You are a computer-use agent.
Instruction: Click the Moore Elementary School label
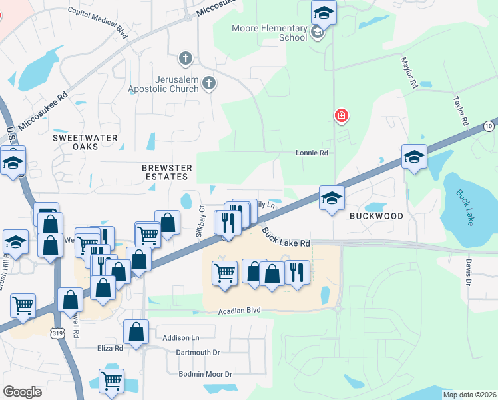270,33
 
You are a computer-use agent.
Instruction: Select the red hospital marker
341,117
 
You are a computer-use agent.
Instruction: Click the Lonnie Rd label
312,153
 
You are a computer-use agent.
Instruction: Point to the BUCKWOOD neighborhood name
377,216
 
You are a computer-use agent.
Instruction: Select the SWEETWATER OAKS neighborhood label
85,142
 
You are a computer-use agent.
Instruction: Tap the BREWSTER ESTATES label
167,172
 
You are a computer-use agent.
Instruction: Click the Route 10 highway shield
489,125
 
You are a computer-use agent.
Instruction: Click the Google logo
22,391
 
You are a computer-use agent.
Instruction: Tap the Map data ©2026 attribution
469,395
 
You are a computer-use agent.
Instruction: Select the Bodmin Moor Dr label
205,374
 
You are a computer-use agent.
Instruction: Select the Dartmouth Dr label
198,352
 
